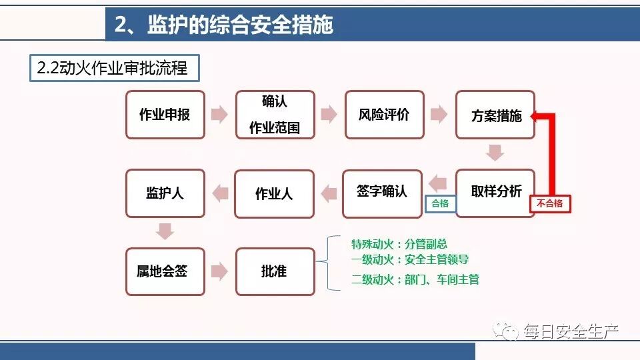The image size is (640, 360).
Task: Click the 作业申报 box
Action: (x=165, y=115)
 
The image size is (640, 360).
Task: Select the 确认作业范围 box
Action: (x=275, y=115)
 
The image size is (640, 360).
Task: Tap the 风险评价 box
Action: (x=384, y=115)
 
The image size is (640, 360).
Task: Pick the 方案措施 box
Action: (x=495, y=115)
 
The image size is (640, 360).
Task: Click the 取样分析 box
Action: (x=495, y=193)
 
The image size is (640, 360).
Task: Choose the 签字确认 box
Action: (x=382, y=193)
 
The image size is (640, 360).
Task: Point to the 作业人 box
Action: (x=274, y=193)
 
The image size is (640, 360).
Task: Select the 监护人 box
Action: (x=165, y=193)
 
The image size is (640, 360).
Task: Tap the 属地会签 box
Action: (x=165, y=271)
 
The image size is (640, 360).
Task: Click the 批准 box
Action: (x=275, y=271)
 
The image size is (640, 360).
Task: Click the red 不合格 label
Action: (x=551, y=204)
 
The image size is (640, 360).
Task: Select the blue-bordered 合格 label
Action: (x=440, y=204)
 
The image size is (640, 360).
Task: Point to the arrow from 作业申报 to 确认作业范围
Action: (x=219, y=115)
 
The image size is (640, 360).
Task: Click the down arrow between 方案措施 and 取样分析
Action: (x=495, y=152)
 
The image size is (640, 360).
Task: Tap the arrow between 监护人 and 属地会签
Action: (x=165, y=231)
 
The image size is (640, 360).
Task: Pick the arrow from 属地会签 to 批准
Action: (x=219, y=271)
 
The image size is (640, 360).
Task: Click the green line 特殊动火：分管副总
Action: (x=399, y=244)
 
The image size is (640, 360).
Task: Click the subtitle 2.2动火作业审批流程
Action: (x=114, y=68)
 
